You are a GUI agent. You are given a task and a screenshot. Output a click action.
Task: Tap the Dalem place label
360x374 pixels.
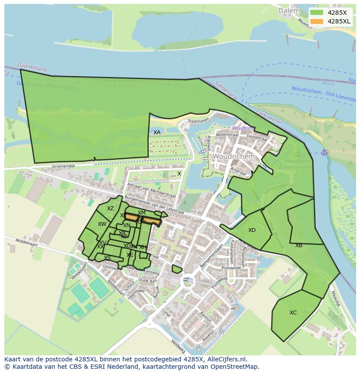click(289, 10)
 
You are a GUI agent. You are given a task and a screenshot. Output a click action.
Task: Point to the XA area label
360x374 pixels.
click(157, 132)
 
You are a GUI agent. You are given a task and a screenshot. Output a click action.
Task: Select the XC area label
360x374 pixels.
click(293, 312)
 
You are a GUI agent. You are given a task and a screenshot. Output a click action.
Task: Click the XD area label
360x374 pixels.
click(252, 230)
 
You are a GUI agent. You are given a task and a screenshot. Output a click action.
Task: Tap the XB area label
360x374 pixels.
click(299, 245)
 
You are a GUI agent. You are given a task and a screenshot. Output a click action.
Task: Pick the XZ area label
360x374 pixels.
click(110, 209)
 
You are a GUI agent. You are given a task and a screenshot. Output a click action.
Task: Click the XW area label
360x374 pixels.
click(102, 224)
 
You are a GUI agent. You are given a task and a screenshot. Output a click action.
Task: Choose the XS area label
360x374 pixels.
click(107, 258)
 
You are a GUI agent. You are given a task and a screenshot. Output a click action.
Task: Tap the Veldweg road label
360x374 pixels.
click(178, 345)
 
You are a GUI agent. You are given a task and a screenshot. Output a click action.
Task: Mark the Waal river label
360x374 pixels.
click(328, 83)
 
